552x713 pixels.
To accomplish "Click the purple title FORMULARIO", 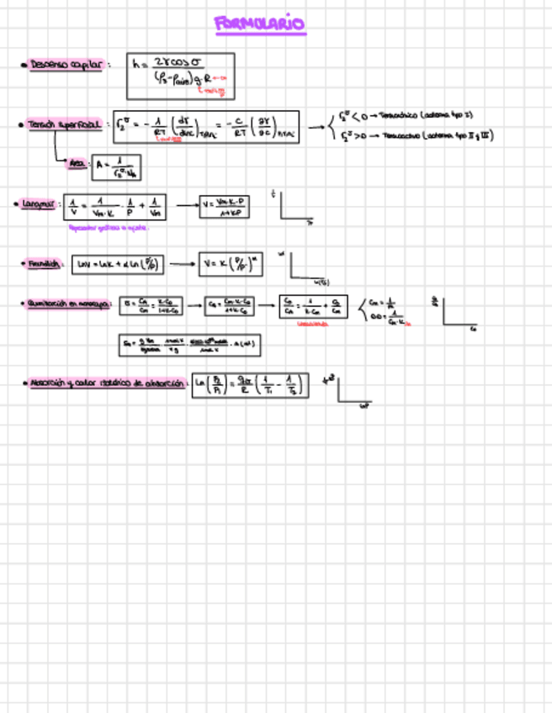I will coord(260,24).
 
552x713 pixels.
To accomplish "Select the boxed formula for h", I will coord(180,77).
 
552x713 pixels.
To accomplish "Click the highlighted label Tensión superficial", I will coord(64,124).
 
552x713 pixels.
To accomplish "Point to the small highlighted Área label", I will coord(78,165).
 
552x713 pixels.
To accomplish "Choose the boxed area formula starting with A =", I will coord(115,166).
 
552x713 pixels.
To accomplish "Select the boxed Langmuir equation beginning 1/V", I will coord(117,207).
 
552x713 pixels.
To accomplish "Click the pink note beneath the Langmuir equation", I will coord(109,228).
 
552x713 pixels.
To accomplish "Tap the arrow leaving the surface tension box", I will coord(316,128).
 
